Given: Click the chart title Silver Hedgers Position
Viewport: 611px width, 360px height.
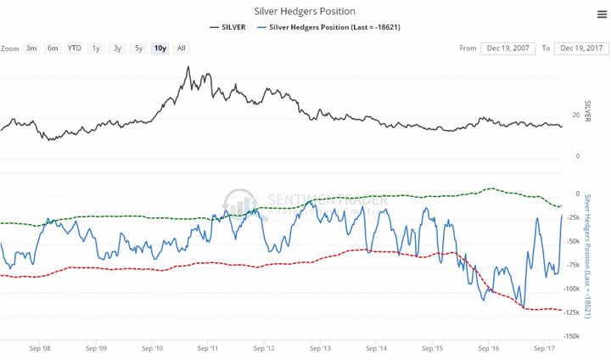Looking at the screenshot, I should point(304,11).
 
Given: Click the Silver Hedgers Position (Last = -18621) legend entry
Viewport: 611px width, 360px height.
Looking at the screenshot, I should point(334,27).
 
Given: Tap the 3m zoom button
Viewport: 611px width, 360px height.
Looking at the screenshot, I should point(31,48).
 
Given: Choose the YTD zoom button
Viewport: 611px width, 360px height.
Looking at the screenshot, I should point(75,48).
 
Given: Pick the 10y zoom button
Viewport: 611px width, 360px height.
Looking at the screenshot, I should point(159,48).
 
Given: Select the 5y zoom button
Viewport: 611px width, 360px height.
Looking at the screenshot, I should point(138,48).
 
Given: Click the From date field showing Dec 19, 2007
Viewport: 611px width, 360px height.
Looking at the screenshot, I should point(507,48).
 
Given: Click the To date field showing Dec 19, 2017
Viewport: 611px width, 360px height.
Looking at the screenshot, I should point(581,48).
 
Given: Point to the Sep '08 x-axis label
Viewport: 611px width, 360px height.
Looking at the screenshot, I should point(40,348).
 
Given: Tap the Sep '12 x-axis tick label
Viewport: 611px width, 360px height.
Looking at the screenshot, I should point(265,348).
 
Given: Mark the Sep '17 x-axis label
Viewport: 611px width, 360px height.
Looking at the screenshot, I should point(545,348).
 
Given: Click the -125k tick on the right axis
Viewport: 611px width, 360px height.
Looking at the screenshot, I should point(570,312).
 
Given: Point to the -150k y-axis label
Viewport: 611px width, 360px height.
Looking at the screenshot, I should point(570,336).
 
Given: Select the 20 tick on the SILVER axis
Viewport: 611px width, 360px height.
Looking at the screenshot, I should point(575,115).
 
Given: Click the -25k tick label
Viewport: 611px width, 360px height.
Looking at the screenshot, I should point(572,217).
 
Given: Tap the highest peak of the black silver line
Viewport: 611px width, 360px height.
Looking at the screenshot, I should point(187,66).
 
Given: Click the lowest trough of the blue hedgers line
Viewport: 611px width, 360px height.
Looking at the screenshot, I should point(524,308).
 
